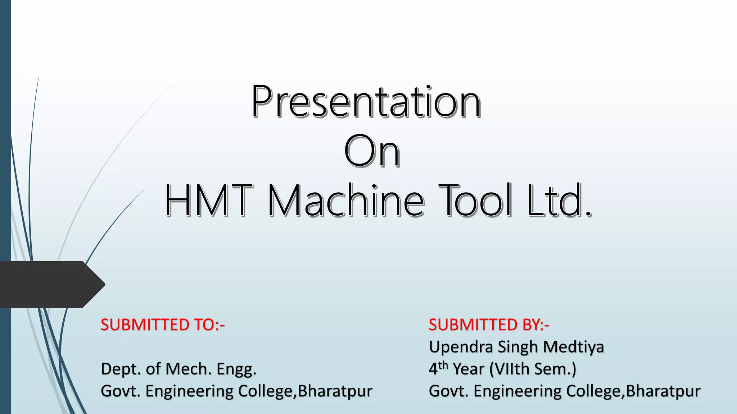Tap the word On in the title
[x=371, y=151]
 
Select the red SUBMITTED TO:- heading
[x=163, y=325]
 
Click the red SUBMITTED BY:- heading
[x=489, y=325]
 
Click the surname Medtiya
[x=573, y=347]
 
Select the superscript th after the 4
[x=443, y=365]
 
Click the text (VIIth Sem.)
[x=533, y=369]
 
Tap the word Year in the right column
[x=468, y=369]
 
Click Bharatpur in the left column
[x=335, y=391]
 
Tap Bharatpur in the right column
[x=663, y=391]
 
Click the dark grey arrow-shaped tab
[x=50, y=284]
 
